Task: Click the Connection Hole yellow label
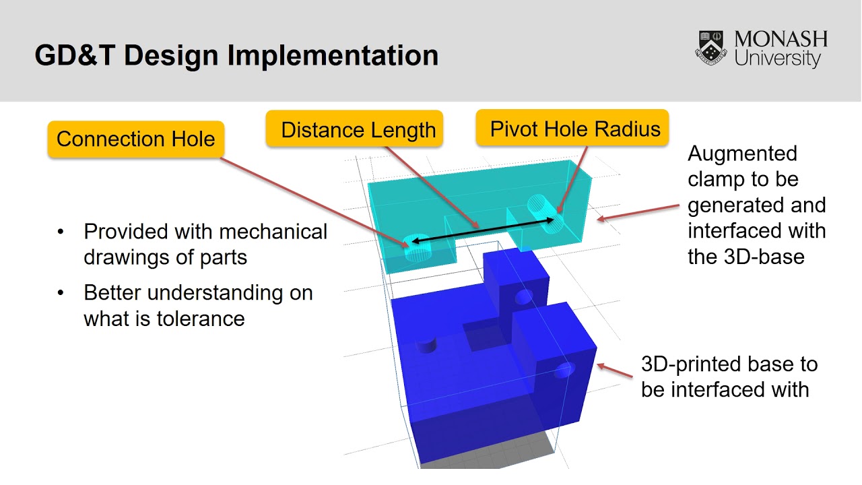click(135, 139)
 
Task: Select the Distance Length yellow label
click(358, 130)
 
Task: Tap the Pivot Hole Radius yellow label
click(574, 129)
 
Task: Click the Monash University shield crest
click(711, 48)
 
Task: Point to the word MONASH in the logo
click(781, 40)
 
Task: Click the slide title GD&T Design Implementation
click(236, 55)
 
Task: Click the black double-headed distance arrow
click(483, 230)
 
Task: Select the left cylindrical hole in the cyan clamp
click(418, 249)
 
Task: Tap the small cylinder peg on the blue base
click(427, 344)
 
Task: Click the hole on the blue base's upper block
click(523, 297)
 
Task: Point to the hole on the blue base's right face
click(565, 370)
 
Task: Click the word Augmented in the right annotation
click(742, 154)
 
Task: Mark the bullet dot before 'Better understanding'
click(61, 293)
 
